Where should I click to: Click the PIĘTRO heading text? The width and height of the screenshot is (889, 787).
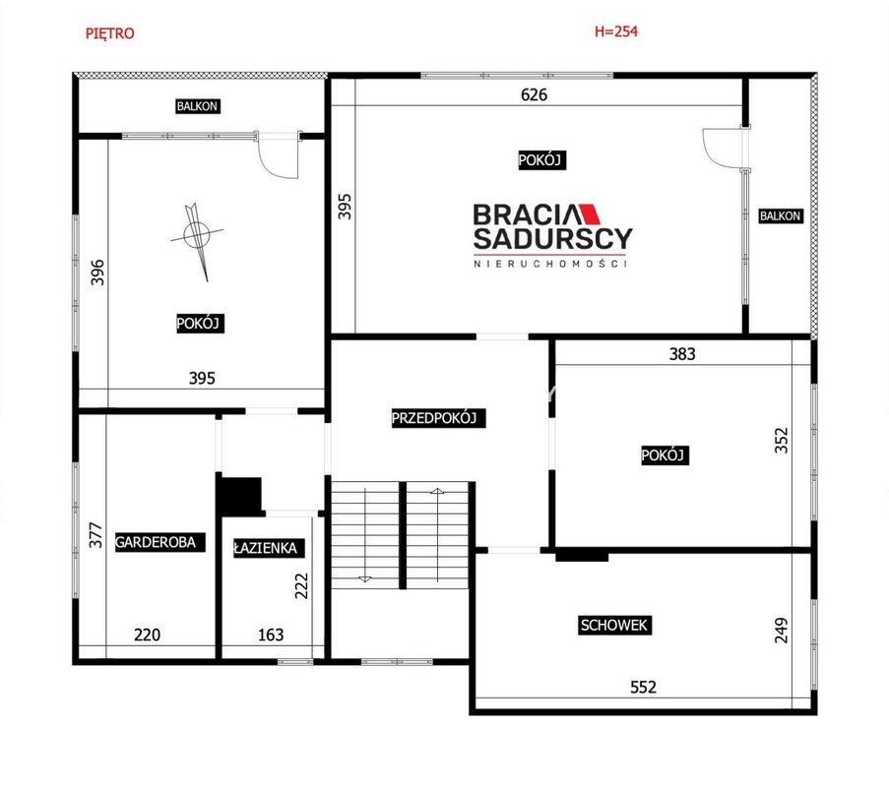[110, 33]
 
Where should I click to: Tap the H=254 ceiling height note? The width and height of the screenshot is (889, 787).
[616, 31]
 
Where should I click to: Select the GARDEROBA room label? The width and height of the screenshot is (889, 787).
[156, 542]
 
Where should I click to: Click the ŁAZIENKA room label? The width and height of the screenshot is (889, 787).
[266, 548]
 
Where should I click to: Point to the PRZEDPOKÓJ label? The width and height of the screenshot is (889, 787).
[434, 418]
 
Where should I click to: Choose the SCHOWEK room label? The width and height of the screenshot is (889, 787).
[614, 625]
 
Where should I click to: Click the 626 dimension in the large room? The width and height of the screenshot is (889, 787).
[534, 94]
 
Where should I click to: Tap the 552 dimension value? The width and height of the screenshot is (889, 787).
[644, 687]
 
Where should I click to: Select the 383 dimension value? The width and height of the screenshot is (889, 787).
[682, 354]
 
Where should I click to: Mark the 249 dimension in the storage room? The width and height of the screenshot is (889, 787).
[782, 630]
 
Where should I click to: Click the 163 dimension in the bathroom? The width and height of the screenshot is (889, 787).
[271, 635]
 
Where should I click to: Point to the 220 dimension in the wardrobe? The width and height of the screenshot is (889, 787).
[147, 635]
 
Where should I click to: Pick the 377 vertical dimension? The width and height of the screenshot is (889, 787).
[96, 535]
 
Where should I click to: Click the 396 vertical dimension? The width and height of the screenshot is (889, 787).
[97, 272]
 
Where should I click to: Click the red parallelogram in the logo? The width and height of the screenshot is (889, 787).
[591, 213]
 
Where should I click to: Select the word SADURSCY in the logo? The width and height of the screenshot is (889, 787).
[552, 238]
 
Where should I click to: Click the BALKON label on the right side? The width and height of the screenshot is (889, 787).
[780, 215]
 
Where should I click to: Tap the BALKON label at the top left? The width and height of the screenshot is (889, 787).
[197, 106]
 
